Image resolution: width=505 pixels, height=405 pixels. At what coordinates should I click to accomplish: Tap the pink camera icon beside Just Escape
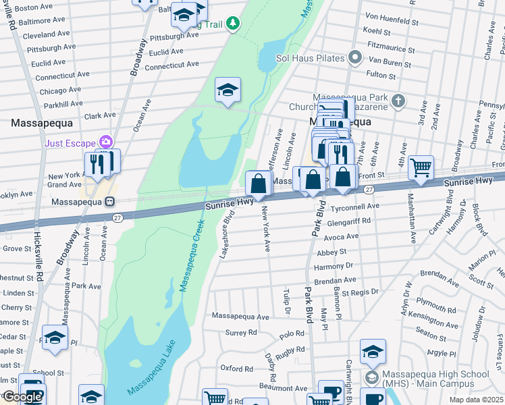point(105,142)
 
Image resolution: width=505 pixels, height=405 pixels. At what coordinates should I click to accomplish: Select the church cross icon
point(398,101)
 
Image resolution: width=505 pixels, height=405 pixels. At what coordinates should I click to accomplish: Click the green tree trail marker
point(233,24)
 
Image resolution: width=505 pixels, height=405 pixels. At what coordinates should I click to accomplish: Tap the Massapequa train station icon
point(109,202)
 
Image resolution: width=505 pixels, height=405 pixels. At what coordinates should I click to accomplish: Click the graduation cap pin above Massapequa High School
point(372,351)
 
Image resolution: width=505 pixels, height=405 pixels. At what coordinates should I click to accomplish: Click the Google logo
point(22,397)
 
